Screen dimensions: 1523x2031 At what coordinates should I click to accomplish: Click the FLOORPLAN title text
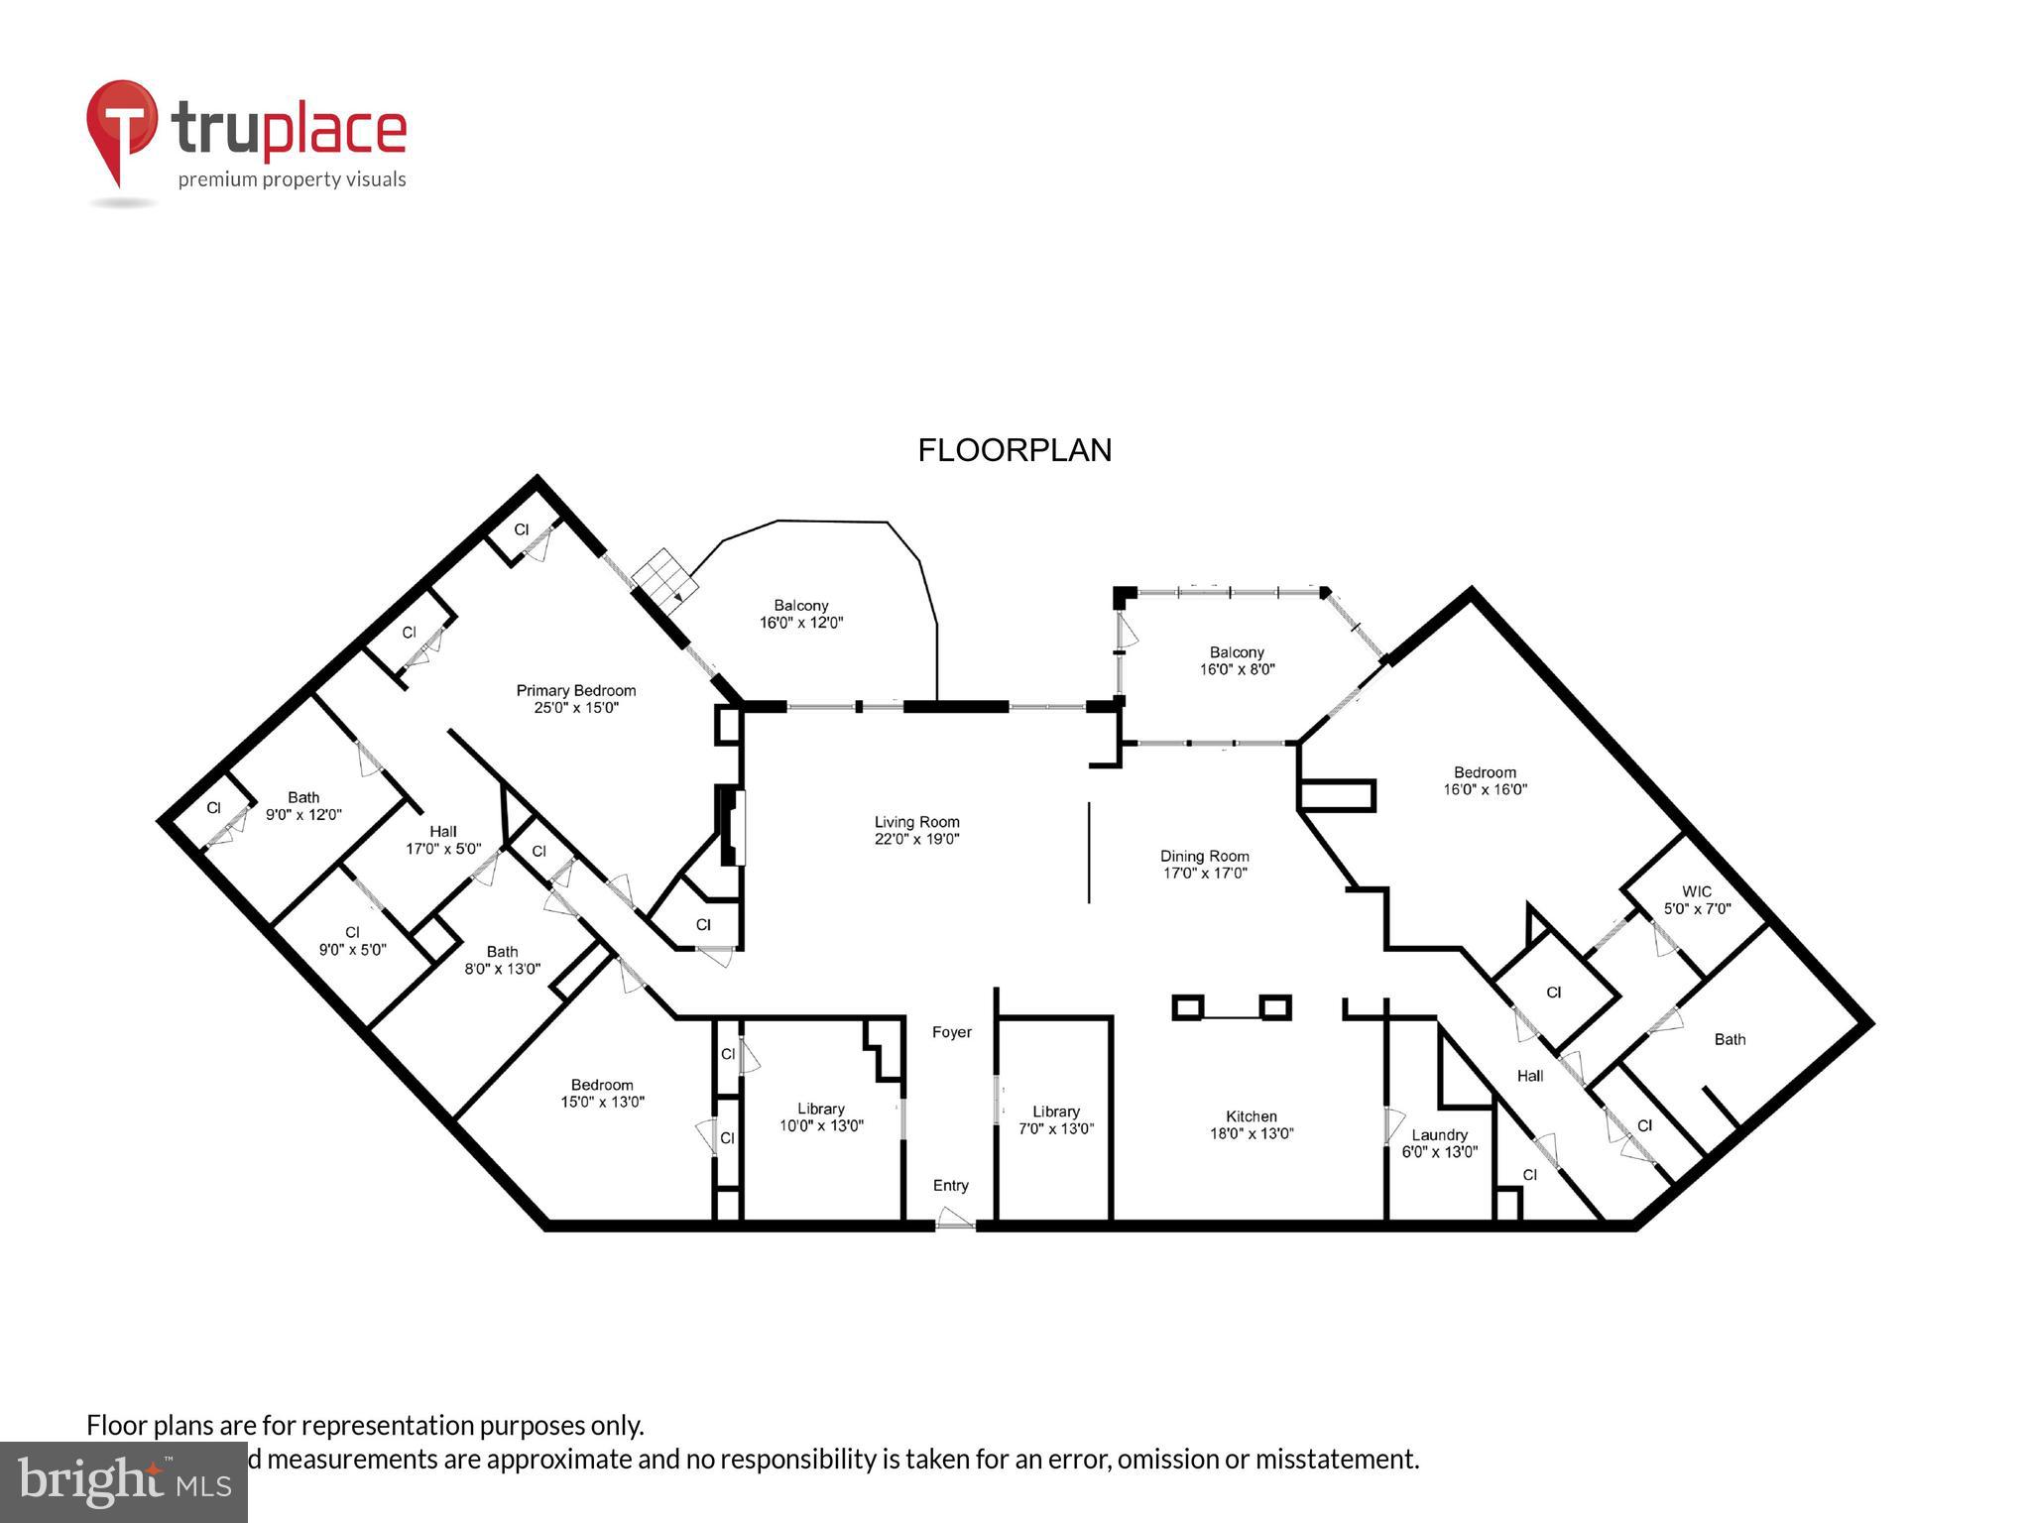[1015, 450]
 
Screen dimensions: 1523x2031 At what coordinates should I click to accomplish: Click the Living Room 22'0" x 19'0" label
[916, 830]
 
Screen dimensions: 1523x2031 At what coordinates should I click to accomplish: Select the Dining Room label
[1204, 864]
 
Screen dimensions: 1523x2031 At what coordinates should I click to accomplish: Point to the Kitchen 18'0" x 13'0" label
[1251, 1124]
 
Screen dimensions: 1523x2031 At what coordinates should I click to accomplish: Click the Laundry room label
[1439, 1143]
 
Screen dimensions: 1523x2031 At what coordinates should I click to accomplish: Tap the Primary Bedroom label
[576, 699]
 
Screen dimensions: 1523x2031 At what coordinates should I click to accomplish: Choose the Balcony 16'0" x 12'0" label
[800, 614]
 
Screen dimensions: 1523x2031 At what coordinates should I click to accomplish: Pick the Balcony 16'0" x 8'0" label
[1237, 660]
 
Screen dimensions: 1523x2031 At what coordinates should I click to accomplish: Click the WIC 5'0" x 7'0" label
[1697, 899]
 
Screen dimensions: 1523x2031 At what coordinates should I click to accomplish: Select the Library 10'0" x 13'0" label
[821, 1117]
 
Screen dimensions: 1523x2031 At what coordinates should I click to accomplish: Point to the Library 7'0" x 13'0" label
[1055, 1119]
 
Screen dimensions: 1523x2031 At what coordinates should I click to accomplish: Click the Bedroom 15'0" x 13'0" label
[602, 1093]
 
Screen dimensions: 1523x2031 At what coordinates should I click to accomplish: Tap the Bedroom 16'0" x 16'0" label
[1485, 780]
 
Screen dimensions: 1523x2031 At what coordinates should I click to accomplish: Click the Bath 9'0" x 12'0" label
[303, 805]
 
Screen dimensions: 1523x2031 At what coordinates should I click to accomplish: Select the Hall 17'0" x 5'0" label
[443, 840]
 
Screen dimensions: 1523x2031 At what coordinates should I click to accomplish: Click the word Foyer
[951, 1032]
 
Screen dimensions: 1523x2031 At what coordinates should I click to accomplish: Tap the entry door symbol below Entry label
[954, 1219]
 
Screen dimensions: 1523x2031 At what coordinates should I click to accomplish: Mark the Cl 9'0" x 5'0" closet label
[352, 940]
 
